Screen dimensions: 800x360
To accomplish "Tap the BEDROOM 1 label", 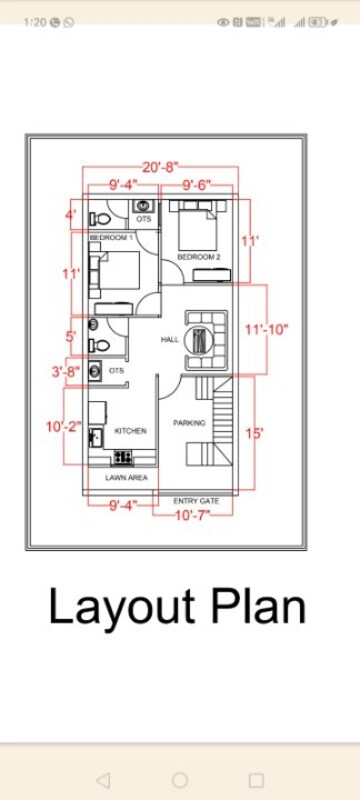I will [111, 238].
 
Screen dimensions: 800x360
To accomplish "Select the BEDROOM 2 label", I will [198, 257].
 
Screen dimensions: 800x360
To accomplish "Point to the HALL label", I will [170, 340].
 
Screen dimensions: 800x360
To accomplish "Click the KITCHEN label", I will [130, 431].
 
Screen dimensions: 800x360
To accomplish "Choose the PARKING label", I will [189, 423].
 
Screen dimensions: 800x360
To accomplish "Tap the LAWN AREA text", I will [127, 478].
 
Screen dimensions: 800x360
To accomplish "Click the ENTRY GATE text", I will [196, 500].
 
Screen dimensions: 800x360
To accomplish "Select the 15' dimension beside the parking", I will [255, 433].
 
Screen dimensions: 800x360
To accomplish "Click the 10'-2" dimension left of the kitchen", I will [62, 427].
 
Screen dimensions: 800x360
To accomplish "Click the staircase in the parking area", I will [212, 420].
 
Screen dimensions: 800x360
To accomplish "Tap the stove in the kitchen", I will [123, 457].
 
